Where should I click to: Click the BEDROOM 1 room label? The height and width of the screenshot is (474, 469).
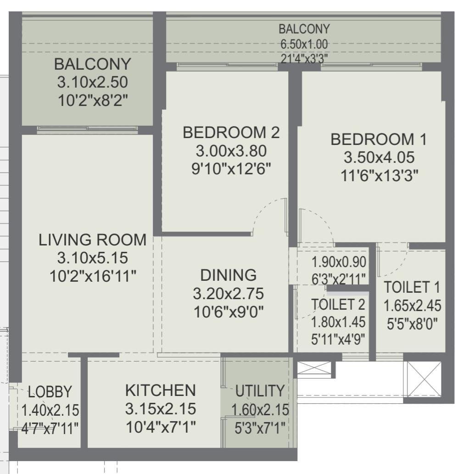click(379, 139)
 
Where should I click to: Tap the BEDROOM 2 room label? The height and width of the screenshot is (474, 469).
click(231, 133)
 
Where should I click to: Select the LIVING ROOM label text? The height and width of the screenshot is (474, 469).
click(92, 240)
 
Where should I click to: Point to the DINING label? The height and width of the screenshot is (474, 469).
click(229, 275)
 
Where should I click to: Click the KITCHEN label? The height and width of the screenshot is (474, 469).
click(160, 390)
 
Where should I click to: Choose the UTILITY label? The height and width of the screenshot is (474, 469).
click(260, 391)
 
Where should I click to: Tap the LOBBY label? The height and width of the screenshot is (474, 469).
click(50, 392)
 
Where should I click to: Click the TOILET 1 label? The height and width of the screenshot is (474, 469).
click(412, 288)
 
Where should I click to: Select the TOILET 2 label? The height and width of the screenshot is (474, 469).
click(338, 304)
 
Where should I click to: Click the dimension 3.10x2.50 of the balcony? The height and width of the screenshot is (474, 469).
click(92, 83)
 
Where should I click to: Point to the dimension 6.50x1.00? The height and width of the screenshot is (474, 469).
click(304, 45)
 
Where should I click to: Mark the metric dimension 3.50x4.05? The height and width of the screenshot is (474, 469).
click(379, 157)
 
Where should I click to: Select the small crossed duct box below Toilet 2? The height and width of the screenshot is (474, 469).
click(314, 368)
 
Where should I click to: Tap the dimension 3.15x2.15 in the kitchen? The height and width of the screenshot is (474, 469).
click(160, 408)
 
